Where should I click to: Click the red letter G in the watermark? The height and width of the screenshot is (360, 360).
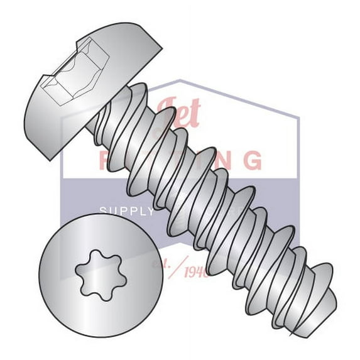click(252, 160)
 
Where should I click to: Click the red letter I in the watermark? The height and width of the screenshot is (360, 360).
click(200, 160)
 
